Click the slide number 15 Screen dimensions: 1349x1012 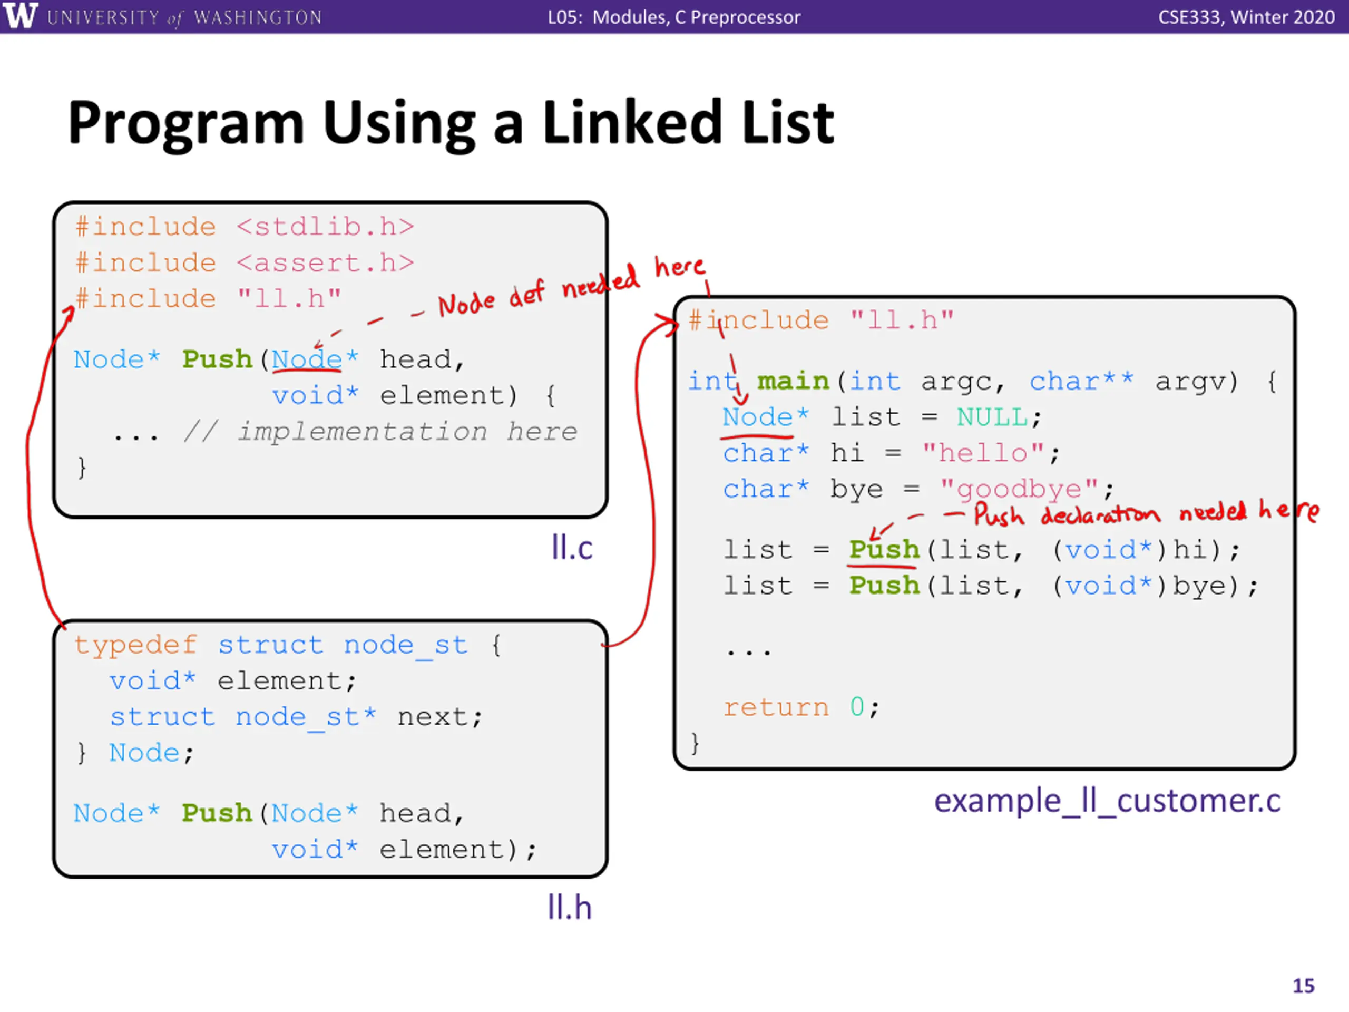1303,986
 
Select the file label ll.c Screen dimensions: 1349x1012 571,547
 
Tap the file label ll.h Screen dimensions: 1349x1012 569,907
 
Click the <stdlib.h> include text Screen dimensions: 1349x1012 325,227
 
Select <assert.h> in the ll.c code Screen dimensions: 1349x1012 325,263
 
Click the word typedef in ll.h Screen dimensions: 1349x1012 136,645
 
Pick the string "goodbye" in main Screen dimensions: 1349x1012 1019,489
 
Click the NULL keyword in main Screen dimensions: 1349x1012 992,417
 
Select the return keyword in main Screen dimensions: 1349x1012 776,707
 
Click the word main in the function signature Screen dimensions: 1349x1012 793,381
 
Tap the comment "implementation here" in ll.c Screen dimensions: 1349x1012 407,432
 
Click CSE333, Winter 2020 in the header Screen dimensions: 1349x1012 1246,16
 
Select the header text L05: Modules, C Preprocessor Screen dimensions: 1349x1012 673,16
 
